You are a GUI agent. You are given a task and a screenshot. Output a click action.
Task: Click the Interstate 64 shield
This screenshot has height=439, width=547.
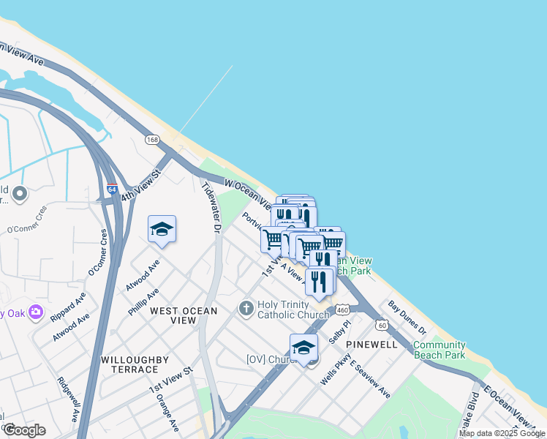coord(112,189)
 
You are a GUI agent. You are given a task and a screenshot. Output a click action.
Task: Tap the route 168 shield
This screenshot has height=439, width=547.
coord(152,140)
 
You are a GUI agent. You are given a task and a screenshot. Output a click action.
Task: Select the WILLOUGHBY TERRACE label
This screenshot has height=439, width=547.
coord(135,365)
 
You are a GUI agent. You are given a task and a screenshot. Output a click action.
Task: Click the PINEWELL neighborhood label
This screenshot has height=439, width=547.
coord(371,344)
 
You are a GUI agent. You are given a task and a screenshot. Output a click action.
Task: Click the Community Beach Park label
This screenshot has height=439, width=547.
coord(439,350)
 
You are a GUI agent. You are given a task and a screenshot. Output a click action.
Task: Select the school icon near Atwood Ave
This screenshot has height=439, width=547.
coord(162,230)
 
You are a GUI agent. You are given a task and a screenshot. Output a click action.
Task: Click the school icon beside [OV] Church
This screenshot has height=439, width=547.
coord(303,348)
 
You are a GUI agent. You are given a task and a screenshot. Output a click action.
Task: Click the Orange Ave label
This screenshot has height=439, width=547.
coord(167,414)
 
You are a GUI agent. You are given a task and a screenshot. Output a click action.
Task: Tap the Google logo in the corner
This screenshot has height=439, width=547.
coord(24,430)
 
